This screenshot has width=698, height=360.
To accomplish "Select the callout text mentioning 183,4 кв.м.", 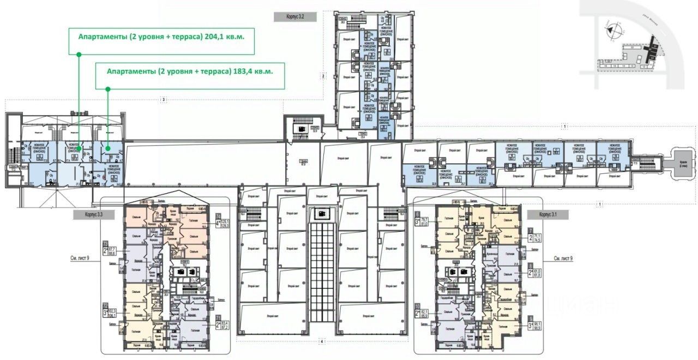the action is [x=189, y=71].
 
